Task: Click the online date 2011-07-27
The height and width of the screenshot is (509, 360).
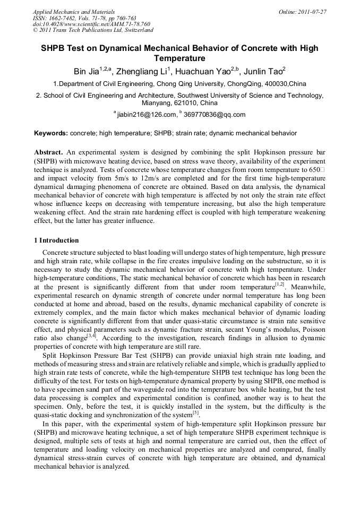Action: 314,11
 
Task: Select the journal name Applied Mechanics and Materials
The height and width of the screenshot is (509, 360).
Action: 74,11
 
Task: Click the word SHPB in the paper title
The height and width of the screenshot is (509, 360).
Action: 56,48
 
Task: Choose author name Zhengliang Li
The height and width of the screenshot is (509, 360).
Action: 141,71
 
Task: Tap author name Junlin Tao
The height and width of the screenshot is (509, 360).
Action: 264,71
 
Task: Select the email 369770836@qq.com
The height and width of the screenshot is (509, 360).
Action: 215,115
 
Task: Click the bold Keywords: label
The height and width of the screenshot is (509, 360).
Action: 51,133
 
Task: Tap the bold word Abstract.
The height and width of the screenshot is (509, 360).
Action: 48,152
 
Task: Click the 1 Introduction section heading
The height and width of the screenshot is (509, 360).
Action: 56,240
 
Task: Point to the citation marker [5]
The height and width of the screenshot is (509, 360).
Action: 195,412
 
